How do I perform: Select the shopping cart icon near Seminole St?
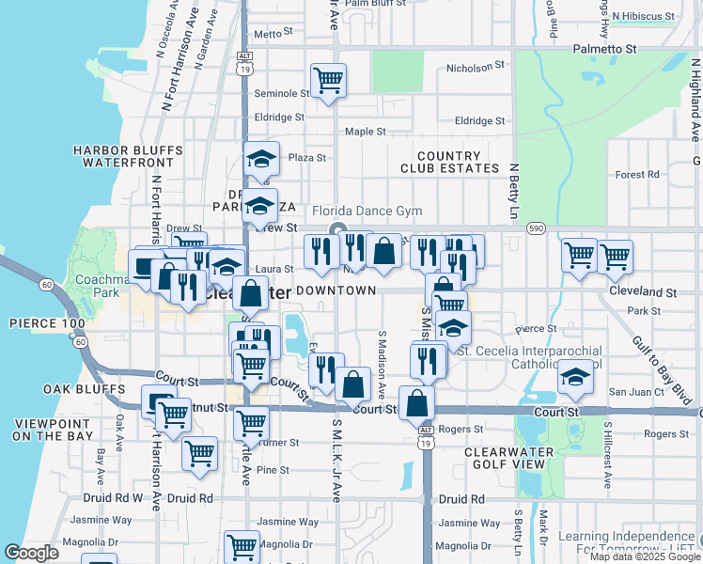(328, 81)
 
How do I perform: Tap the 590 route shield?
(536, 227)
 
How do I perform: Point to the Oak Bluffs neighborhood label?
(84, 389)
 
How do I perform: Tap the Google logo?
(31, 553)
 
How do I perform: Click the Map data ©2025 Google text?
(644, 556)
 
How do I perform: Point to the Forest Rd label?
(638, 175)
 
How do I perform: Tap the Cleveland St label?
(644, 292)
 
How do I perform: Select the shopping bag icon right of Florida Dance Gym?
(383, 251)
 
